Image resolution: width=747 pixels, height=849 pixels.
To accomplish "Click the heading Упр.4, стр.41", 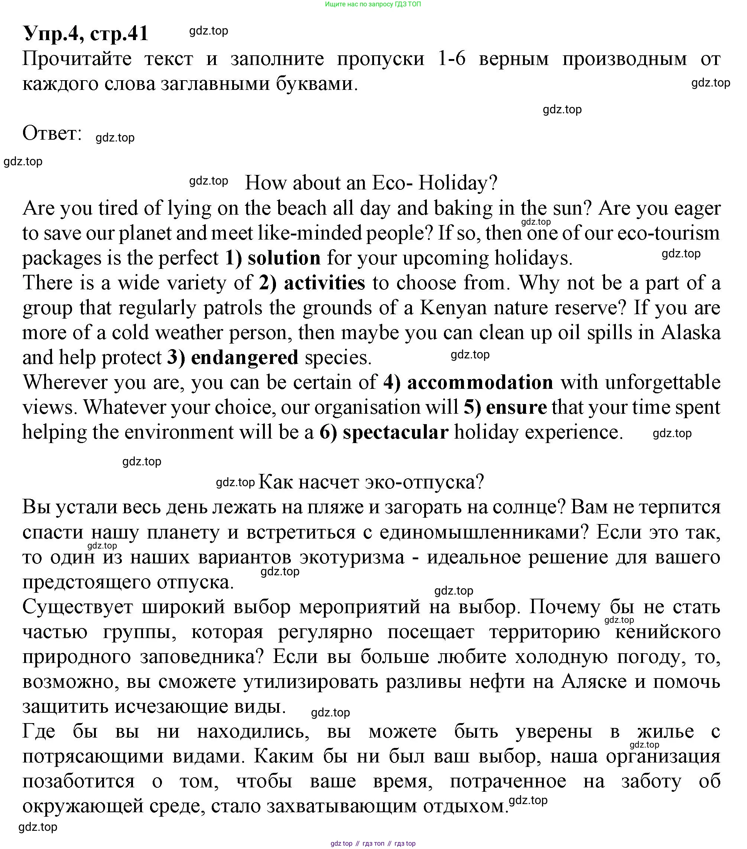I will click(85, 33).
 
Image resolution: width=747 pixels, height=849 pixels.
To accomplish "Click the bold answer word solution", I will click(284, 258).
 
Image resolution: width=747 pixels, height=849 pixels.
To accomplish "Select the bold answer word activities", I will click(324, 283).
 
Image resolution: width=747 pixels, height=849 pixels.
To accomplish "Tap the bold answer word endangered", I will click(244, 358).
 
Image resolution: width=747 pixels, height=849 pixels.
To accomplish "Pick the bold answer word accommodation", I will click(480, 383).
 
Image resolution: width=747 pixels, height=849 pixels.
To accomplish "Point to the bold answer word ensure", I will click(516, 407).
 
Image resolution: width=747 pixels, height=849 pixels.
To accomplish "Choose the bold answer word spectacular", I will click(395, 432).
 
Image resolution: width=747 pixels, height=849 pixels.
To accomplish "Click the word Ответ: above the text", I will click(52, 133).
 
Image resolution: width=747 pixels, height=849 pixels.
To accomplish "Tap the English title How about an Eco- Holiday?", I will click(371, 183).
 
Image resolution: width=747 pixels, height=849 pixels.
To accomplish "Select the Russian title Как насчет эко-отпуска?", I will click(371, 482).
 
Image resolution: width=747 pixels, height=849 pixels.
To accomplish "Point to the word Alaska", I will click(691, 333).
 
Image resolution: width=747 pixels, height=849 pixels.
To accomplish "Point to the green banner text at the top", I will click(373, 4).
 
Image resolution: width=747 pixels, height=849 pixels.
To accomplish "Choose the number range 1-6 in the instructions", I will click(452, 59).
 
